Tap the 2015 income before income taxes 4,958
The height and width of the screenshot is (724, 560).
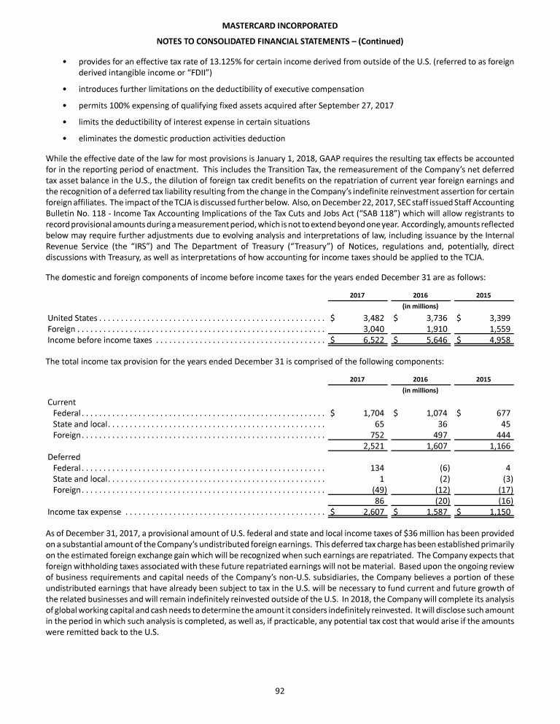[x=499, y=340]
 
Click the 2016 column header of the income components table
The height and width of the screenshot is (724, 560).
[x=420, y=295]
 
